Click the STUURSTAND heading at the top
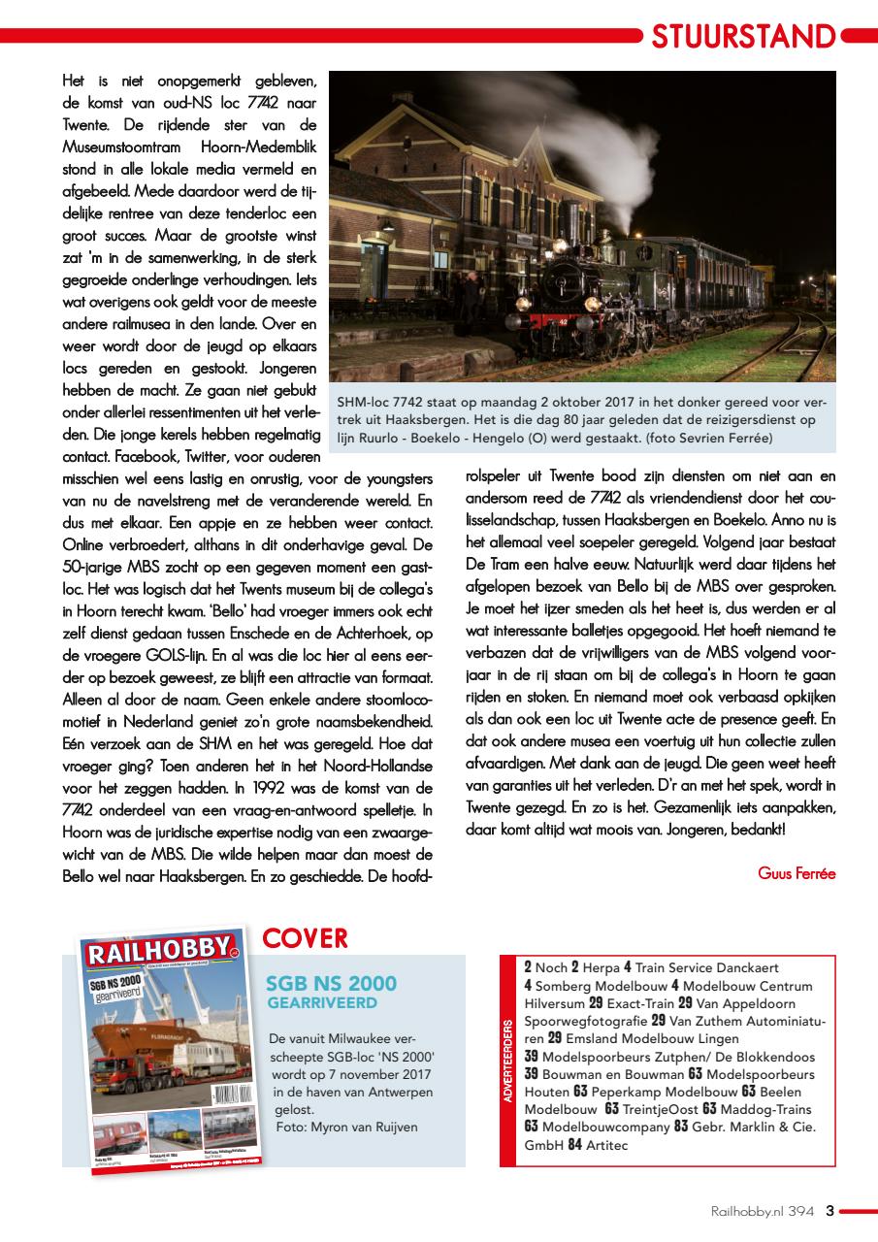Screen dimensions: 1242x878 (x=742, y=37)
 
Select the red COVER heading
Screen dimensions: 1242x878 (x=305, y=938)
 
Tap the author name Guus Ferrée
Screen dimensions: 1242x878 (x=796, y=872)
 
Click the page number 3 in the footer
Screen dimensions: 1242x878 (x=829, y=1210)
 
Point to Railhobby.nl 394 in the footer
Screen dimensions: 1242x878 (x=762, y=1210)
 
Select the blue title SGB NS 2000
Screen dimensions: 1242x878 (x=331, y=984)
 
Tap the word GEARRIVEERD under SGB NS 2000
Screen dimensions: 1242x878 (x=322, y=1002)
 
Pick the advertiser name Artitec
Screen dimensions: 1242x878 (x=606, y=1145)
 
